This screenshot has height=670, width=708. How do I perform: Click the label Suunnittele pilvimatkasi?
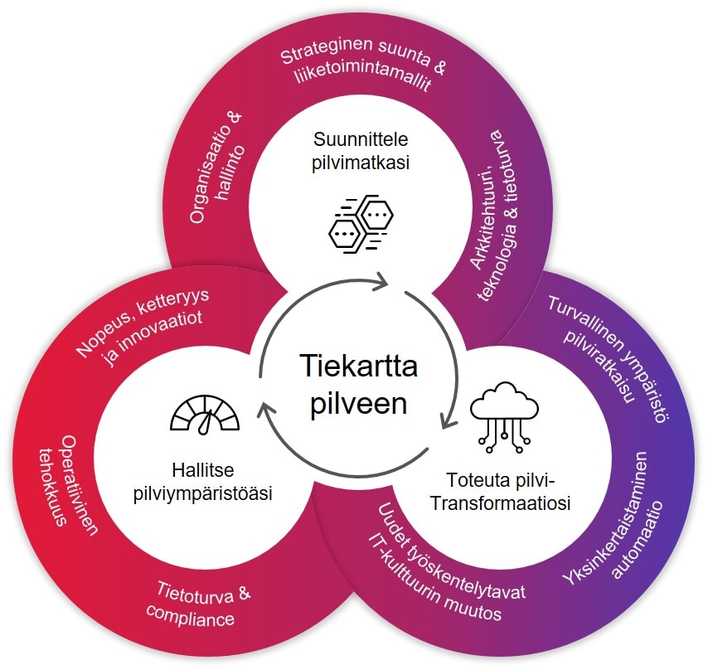coord(354,150)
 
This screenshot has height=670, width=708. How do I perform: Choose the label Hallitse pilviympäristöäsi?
coord(204,482)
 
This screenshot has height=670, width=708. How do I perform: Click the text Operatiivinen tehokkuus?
coord(70,489)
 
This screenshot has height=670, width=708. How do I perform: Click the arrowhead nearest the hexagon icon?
coord(381,282)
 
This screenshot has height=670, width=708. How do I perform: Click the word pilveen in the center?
coord(353,405)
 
